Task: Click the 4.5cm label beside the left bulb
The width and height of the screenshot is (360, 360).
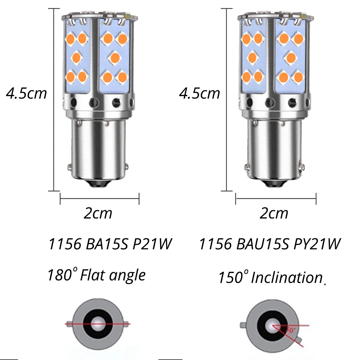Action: pyautogui.click(x=26, y=93)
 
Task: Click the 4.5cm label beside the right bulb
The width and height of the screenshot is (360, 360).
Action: pyautogui.click(x=199, y=93)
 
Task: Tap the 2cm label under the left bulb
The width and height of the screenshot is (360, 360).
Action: pyautogui.click(x=98, y=213)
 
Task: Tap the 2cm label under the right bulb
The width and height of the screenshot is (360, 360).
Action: pyautogui.click(x=274, y=213)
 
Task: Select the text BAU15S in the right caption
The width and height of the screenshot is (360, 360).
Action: pyautogui.click(x=263, y=245)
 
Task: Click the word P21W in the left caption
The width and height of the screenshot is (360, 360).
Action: pyautogui.click(x=151, y=245)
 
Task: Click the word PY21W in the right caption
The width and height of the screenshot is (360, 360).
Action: pyautogui.click(x=317, y=245)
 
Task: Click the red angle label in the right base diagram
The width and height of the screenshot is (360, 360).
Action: pyautogui.click(x=290, y=329)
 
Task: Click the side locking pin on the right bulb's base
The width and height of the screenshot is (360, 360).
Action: pyautogui.click(x=246, y=167)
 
